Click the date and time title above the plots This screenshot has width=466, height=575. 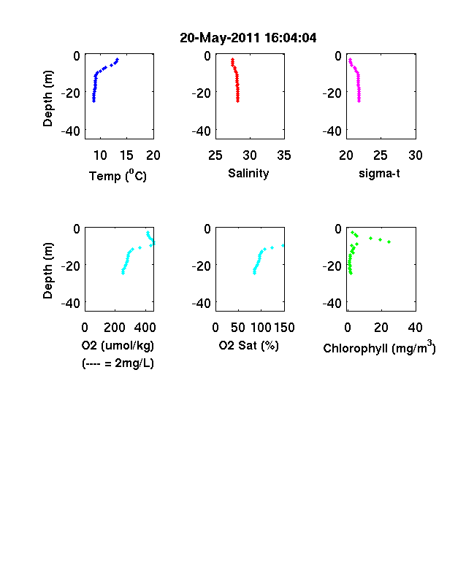click(x=248, y=38)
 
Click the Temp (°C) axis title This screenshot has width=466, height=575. click(x=118, y=176)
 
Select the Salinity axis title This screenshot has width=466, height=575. click(x=248, y=173)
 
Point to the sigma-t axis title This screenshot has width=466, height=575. click(x=379, y=173)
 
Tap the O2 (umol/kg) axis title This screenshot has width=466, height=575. click(x=118, y=345)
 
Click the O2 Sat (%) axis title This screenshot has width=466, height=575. click(x=249, y=345)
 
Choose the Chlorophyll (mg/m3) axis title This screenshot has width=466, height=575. click(x=379, y=347)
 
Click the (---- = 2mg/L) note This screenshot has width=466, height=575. click(x=118, y=363)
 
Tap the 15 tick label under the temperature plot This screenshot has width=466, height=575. click(x=126, y=155)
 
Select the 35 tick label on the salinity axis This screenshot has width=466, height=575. click(x=284, y=155)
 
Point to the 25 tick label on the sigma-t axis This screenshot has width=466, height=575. click(x=381, y=155)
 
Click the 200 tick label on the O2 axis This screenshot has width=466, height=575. click(x=115, y=328)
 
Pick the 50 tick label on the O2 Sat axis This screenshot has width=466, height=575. click(x=238, y=328)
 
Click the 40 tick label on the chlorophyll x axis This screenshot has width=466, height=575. click(x=415, y=328)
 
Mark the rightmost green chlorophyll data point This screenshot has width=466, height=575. click(x=389, y=242)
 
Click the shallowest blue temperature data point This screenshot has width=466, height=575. click(x=118, y=59)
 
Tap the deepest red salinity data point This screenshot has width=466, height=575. click(x=238, y=101)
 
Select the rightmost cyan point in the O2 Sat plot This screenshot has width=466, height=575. click(x=283, y=245)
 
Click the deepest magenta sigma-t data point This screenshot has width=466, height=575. click(x=359, y=101)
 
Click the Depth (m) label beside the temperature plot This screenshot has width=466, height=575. click(x=47, y=99)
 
